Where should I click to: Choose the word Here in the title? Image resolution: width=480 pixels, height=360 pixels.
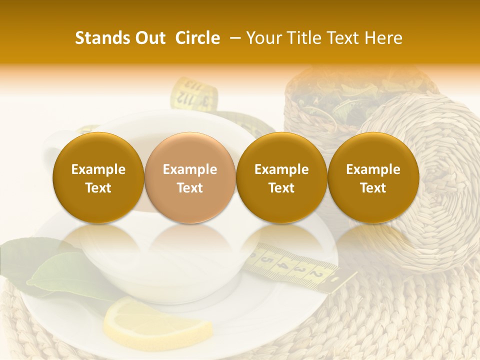[x=382, y=38]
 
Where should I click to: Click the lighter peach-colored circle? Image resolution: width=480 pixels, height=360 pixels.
[x=190, y=178]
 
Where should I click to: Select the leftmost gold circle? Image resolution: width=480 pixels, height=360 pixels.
[x=98, y=178]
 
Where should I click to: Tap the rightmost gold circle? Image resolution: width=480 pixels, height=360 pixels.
[x=373, y=178]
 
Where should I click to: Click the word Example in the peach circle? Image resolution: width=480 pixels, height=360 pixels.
[x=190, y=169]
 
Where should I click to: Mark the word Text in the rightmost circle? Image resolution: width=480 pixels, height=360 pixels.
[x=373, y=188]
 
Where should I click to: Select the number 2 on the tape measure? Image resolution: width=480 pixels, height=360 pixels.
[x=316, y=274]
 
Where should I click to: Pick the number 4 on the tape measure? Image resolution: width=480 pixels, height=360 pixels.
[x=284, y=265]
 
